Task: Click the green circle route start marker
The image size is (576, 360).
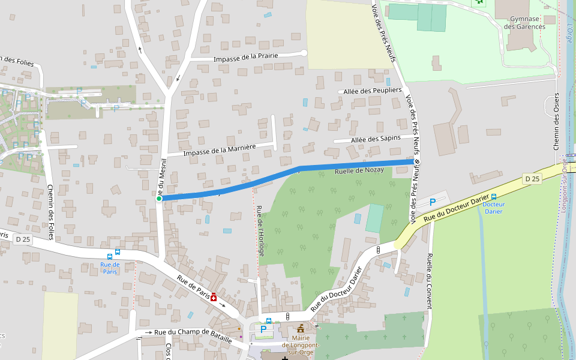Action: coord(159,199)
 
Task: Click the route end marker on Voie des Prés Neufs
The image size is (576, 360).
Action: coord(416,161)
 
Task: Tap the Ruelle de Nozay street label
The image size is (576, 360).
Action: coord(359,171)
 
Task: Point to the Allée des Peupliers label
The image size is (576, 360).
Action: coord(372,90)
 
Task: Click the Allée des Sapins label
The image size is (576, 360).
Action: coord(376,139)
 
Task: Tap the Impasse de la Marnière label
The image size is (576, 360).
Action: coord(220,149)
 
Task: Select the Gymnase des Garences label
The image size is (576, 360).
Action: coord(524,23)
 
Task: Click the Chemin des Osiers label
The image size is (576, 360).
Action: coord(556,122)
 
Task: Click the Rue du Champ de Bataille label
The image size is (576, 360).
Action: coord(193,335)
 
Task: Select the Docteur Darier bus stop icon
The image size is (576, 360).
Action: coord(494,197)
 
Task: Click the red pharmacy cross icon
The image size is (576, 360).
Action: coord(213,296)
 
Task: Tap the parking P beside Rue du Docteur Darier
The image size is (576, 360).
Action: coord(433,203)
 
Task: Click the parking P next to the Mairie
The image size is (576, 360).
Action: coord(263,329)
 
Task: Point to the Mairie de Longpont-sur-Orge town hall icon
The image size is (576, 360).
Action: coord(300,329)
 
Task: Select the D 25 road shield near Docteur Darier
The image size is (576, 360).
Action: coord(532,179)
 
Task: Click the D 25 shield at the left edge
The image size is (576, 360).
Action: coord(23,239)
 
